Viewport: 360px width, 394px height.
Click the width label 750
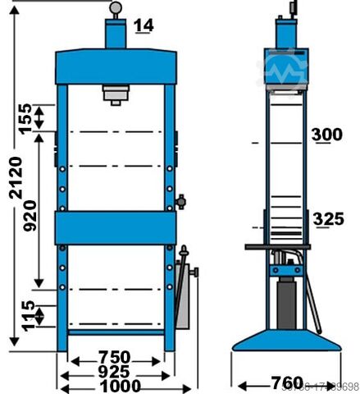click(113, 358)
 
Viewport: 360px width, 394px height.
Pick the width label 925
click(113, 372)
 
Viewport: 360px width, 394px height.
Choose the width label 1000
click(113, 386)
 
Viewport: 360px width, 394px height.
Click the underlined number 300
click(328, 135)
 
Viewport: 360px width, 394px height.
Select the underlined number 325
click(328, 219)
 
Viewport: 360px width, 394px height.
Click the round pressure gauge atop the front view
click(116, 7)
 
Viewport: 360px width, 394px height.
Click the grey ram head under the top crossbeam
click(116, 94)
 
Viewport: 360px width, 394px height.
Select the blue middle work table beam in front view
click(115, 226)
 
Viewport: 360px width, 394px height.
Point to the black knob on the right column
click(180, 199)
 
